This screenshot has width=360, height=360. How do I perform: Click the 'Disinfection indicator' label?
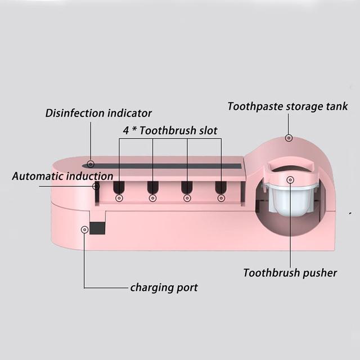tap(98, 113)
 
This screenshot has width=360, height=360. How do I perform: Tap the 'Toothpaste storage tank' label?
tap(287, 106)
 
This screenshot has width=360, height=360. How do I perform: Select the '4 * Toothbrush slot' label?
tap(170, 130)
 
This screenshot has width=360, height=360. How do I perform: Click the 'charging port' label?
tap(164, 287)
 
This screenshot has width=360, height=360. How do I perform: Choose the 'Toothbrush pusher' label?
tap(290, 273)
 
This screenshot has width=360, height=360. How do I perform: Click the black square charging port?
tap(97, 228)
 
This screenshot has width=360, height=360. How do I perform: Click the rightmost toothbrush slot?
tap(220, 187)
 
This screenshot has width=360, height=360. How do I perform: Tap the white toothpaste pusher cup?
tap(290, 197)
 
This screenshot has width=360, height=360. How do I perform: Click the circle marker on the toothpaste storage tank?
tap(289, 138)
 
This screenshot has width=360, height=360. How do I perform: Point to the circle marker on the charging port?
tap(84, 229)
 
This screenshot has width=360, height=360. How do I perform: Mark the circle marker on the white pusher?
tap(290, 180)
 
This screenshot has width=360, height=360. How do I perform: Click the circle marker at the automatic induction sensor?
tap(96, 186)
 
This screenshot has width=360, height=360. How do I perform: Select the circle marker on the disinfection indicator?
tap(91, 165)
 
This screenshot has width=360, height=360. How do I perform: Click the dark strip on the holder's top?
tap(169, 166)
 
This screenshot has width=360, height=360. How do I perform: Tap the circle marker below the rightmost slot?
tap(220, 198)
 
